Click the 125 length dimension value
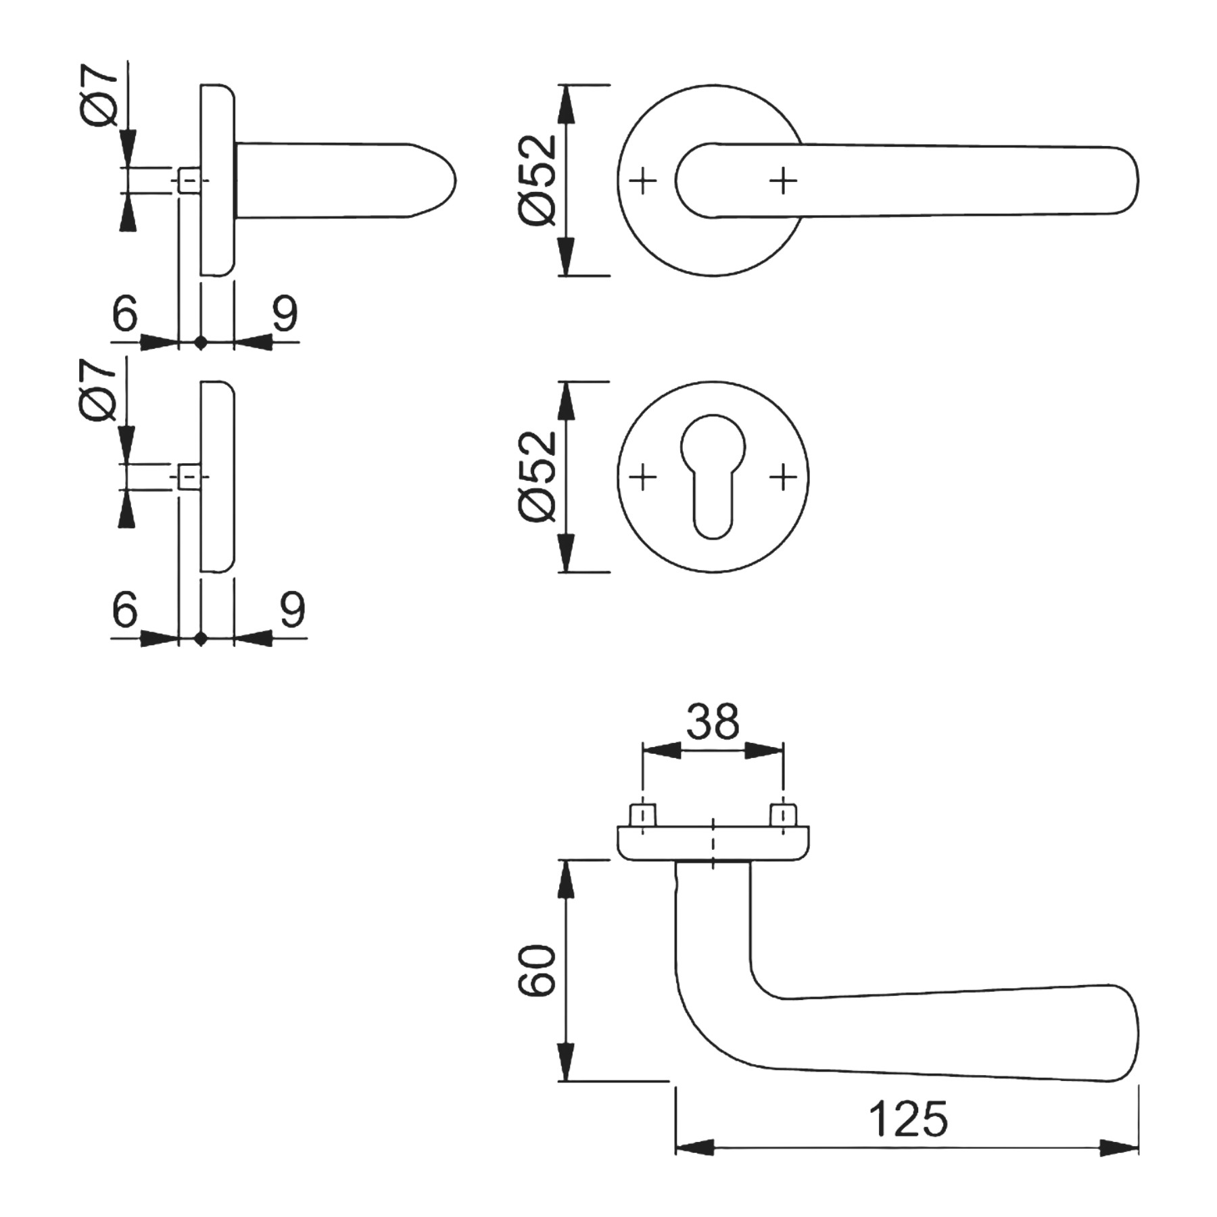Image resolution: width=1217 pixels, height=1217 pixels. pyautogui.click(x=908, y=1119)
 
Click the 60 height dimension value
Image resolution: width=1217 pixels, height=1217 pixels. pyautogui.click(x=537, y=970)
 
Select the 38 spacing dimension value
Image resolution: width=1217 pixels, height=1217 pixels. pyautogui.click(x=713, y=721)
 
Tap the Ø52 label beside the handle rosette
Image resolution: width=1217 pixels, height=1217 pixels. pyautogui.click(x=538, y=180)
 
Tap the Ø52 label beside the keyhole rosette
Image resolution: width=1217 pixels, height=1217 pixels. pyautogui.click(x=538, y=476)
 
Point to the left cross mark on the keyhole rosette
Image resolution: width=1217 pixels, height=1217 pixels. pyautogui.click(x=642, y=477)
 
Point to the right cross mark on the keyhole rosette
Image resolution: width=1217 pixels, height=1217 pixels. pyautogui.click(x=783, y=477)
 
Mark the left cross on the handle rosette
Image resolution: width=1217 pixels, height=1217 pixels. pyautogui.click(x=642, y=181)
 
